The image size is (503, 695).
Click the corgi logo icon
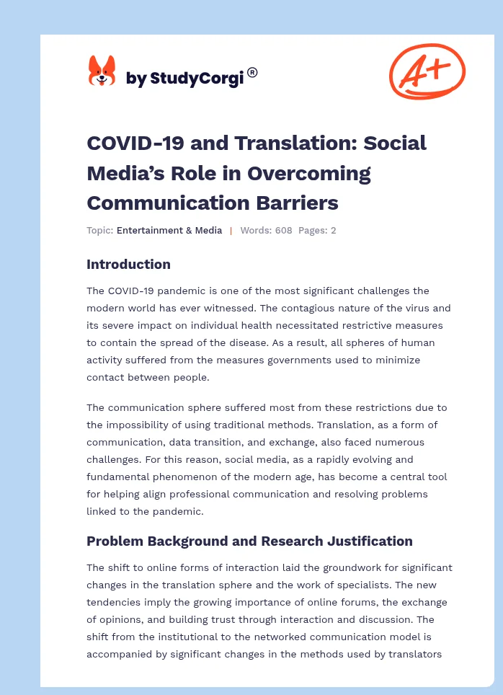pyautogui.click(x=102, y=71)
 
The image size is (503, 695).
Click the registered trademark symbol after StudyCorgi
pyautogui.click(x=252, y=72)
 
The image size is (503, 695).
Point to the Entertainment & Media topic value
pyautogui.click(x=169, y=231)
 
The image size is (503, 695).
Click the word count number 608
pyautogui.click(x=283, y=231)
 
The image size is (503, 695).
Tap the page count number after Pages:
pyautogui.click(x=334, y=231)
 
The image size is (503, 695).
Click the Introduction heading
pyautogui.click(x=128, y=265)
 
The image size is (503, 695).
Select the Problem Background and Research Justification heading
pyautogui.click(x=249, y=541)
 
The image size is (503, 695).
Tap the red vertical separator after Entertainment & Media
pyautogui.click(x=231, y=231)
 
